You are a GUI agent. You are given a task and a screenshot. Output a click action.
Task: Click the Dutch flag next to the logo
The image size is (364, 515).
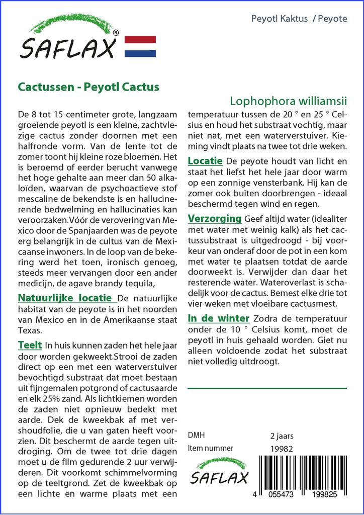click(x=140, y=46)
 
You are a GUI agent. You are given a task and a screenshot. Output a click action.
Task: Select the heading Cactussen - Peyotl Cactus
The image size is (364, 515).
click(x=88, y=87)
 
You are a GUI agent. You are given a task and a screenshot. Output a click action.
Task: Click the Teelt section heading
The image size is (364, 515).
click(x=30, y=345)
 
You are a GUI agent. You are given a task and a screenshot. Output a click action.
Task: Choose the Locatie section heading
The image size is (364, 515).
click(x=205, y=161)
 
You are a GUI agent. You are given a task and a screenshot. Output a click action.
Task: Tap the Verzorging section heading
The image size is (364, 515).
click(x=215, y=219)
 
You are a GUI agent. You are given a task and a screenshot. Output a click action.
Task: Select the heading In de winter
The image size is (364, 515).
click(x=218, y=318)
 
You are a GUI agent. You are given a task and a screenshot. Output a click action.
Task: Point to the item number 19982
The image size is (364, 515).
click(x=282, y=449)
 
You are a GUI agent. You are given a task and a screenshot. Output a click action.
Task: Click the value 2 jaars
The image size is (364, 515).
click(x=282, y=436)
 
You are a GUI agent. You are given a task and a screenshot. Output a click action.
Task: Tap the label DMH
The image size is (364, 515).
click(x=196, y=436)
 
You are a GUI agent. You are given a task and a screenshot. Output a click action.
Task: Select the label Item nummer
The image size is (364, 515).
click(x=210, y=449)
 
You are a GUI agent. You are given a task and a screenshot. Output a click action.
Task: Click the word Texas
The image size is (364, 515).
click(x=29, y=331)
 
